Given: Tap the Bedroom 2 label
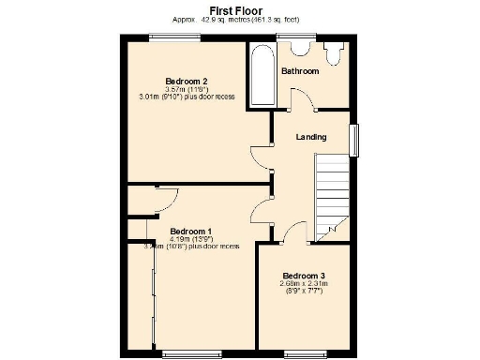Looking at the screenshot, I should [x=186, y=80].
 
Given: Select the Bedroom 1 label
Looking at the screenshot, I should [x=190, y=231].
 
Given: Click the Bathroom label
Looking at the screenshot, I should [x=300, y=71].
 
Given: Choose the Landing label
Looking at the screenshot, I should [x=311, y=137].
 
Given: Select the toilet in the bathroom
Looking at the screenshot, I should [x=332, y=52].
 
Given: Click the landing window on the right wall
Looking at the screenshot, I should [x=353, y=140].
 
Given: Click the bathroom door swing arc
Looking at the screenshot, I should [x=296, y=100].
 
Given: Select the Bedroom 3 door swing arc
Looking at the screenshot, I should [x=293, y=234].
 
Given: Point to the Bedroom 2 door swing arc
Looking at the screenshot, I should [x=259, y=157].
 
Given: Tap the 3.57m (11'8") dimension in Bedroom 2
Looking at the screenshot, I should [x=186, y=89].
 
